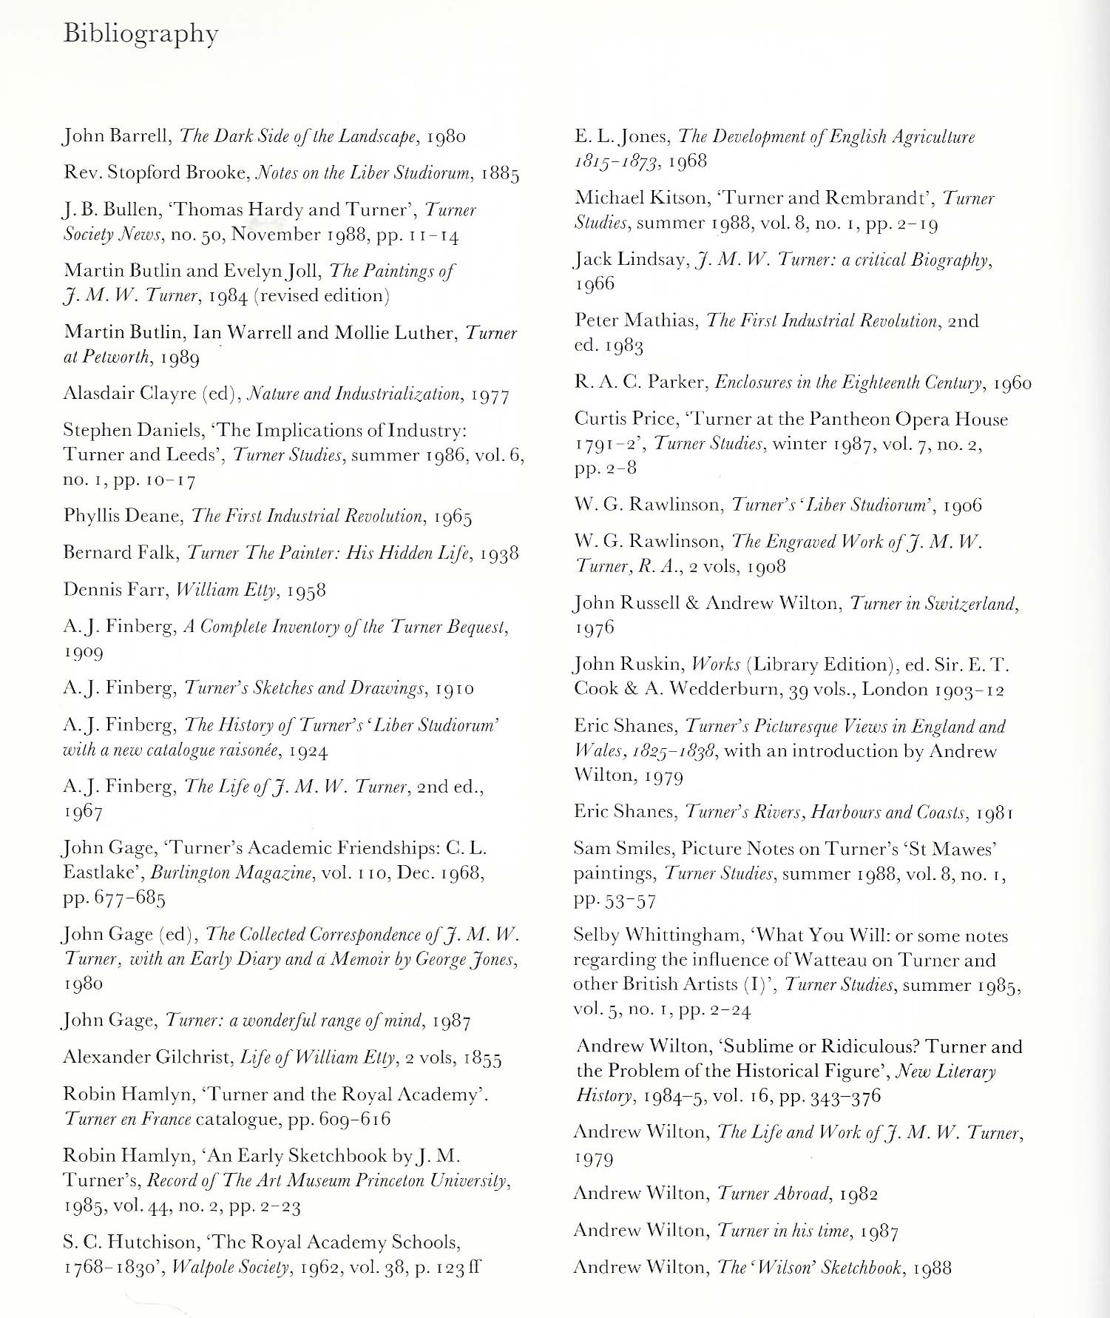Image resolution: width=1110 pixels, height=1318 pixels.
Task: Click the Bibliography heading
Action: [141, 34]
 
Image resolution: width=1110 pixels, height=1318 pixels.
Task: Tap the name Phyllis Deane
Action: [122, 516]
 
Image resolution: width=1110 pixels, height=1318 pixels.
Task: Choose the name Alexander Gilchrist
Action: [147, 1057]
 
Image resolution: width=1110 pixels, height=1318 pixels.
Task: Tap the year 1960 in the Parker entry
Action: [1012, 383]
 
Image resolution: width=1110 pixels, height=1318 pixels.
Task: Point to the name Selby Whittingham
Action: [658, 935]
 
